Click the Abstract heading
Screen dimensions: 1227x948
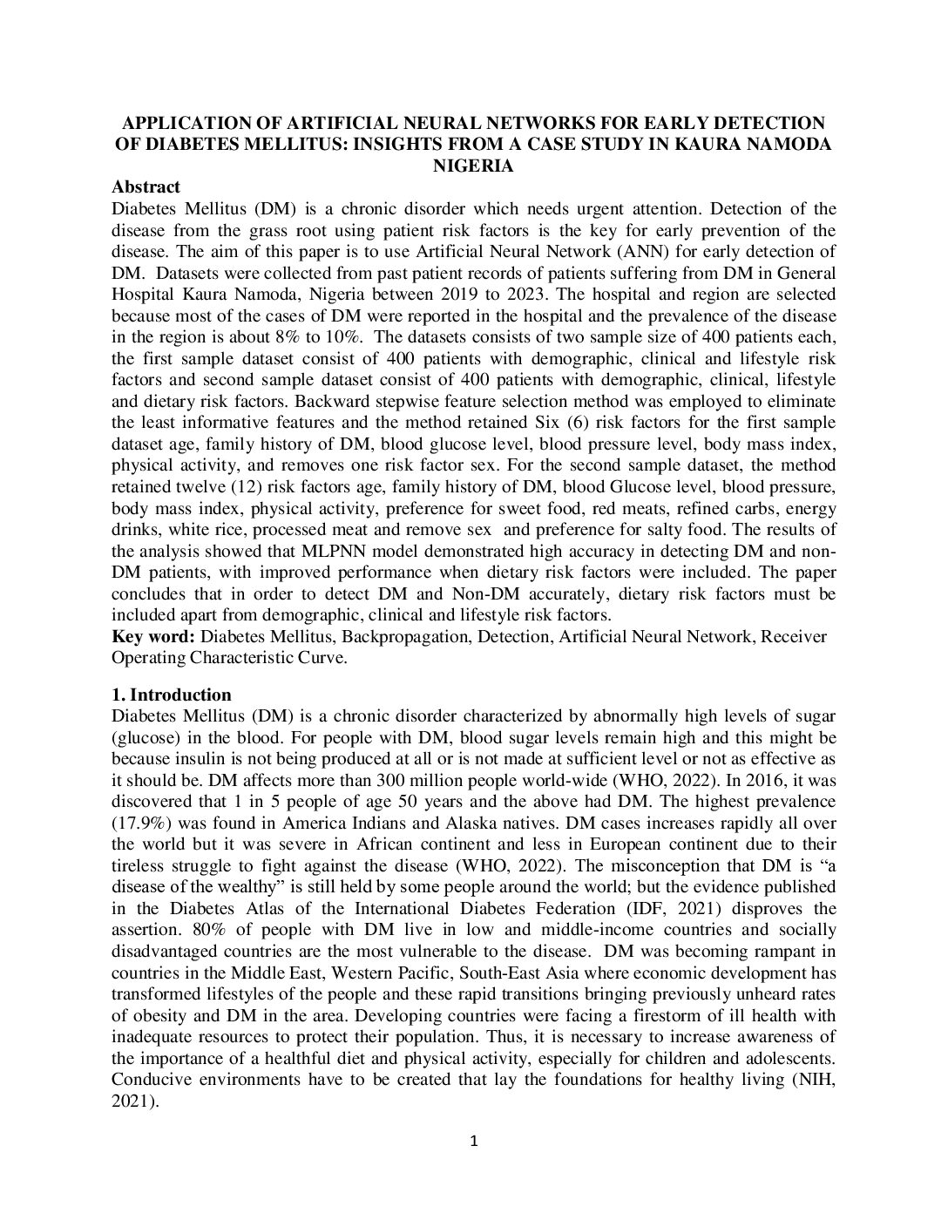(146, 186)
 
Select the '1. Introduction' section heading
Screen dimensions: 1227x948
(172, 695)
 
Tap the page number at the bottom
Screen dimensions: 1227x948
(474, 1142)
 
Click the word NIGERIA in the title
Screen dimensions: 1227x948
(473, 166)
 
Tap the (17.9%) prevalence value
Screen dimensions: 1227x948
(139, 823)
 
